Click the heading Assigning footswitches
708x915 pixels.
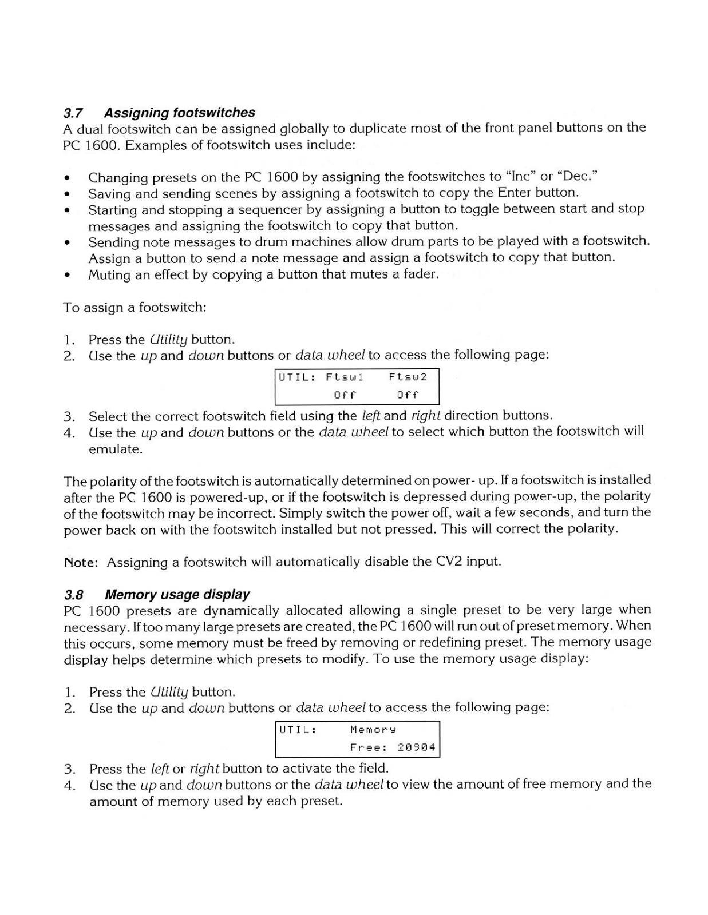tap(179, 113)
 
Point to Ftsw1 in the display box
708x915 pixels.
tap(345, 377)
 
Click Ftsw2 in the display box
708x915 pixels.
tap(408, 377)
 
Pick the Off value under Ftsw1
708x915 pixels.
tap(345, 395)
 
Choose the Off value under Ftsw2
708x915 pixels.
tap(408, 395)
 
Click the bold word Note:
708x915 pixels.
tap(81, 562)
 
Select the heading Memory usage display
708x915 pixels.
tap(177, 594)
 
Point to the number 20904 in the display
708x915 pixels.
tap(416, 747)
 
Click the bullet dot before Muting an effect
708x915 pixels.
tap(68, 275)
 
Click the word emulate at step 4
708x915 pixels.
tap(114, 449)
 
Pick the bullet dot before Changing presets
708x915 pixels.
tap(68, 177)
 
